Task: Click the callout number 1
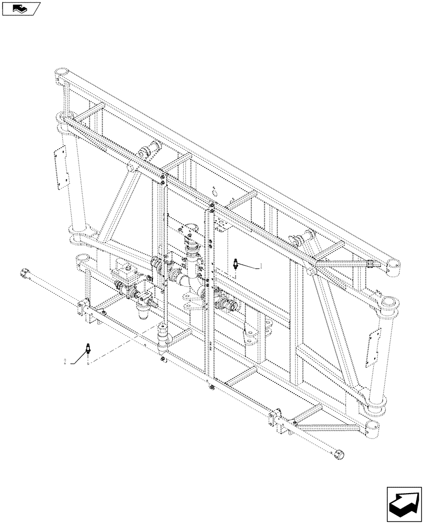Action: [x=261, y=266]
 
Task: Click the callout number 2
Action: [x=65, y=361]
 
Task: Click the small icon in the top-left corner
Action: [x=20, y=8]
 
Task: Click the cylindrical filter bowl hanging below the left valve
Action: [x=142, y=314]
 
